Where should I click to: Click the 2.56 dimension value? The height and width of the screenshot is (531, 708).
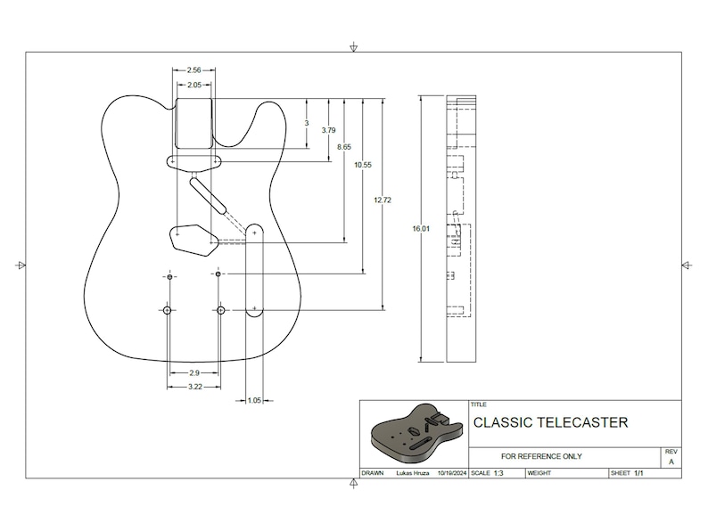click(193, 69)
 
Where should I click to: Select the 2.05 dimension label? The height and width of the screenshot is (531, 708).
click(193, 86)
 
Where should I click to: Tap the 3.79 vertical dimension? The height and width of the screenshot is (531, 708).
click(328, 130)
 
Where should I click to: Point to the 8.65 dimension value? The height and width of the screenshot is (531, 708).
click(344, 147)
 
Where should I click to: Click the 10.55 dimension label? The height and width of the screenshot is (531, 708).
click(363, 165)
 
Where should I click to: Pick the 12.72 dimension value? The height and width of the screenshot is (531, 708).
click(383, 200)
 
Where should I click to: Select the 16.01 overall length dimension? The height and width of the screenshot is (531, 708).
click(421, 229)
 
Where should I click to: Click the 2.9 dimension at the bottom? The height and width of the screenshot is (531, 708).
click(193, 372)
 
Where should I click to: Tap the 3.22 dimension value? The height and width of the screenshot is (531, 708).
click(193, 387)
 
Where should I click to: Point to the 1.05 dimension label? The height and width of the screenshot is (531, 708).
click(254, 401)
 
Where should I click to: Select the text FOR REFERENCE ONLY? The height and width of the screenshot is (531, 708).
click(542, 456)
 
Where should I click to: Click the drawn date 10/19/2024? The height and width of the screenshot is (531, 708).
click(449, 473)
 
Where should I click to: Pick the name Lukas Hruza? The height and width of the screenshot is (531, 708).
click(410, 473)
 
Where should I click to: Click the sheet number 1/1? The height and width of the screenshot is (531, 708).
click(639, 473)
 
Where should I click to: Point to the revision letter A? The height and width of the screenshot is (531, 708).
click(671, 462)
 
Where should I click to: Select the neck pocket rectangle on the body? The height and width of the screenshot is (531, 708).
click(193, 123)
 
